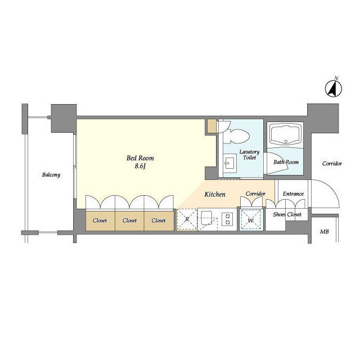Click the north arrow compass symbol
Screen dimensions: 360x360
coord(334,88)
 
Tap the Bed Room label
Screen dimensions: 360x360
coord(140,158)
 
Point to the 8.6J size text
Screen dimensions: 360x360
coord(140,166)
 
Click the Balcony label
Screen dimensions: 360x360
coord(51,175)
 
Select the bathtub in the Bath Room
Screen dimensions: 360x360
coord(286,135)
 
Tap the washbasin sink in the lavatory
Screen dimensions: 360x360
coord(230,163)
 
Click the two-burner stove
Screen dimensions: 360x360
coord(227,219)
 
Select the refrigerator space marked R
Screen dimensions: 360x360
coord(187,219)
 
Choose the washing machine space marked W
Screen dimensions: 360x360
coord(251,220)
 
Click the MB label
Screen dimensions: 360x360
coord(325,232)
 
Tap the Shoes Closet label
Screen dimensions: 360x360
coord(287,214)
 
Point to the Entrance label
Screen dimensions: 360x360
coord(293,193)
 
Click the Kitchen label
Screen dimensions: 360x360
coord(215,195)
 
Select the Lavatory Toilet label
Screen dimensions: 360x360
coord(249,155)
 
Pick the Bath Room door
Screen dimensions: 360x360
coord(276,164)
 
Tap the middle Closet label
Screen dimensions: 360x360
coord(129,220)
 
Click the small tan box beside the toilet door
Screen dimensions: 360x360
coord(212,126)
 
